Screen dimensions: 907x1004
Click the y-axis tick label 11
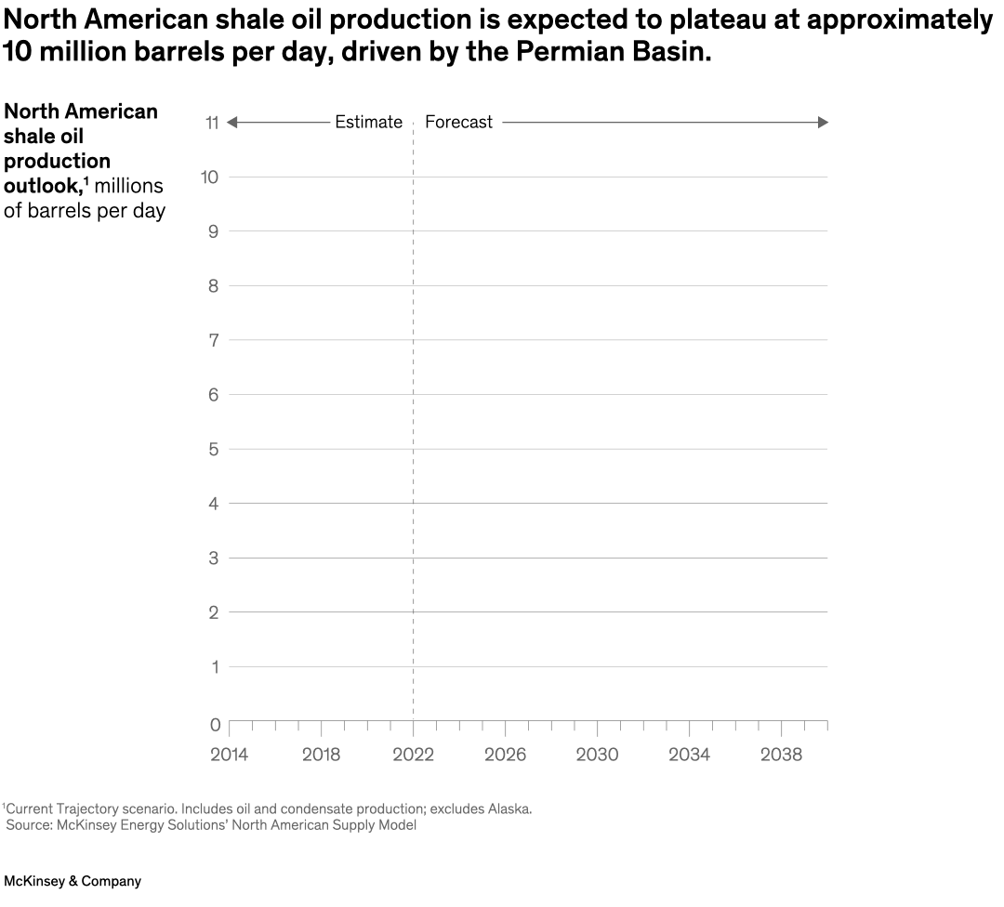[211, 123]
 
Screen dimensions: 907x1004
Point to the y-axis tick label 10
[210, 177]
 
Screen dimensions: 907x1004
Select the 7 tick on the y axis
[213, 340]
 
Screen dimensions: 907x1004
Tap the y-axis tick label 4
[213, 504]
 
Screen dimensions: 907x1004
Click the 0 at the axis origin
[215, 725]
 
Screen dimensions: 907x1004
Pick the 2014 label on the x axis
[229, 755]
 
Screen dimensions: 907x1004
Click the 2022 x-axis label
[413, 755]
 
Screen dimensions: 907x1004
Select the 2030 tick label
[597, 755]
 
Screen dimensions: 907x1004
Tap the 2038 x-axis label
[781, 755]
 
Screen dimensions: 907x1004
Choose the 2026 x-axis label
[505, 755]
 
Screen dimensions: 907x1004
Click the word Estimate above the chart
[368, 123]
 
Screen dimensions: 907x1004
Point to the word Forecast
[458, 123]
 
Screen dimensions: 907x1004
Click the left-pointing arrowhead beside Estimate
[232, 123]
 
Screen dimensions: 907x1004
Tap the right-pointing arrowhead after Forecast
[822, 123]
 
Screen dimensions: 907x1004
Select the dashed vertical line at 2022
[413, 418]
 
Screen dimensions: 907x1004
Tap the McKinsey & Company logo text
[73, 881]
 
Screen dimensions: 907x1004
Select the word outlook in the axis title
[42, 186]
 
